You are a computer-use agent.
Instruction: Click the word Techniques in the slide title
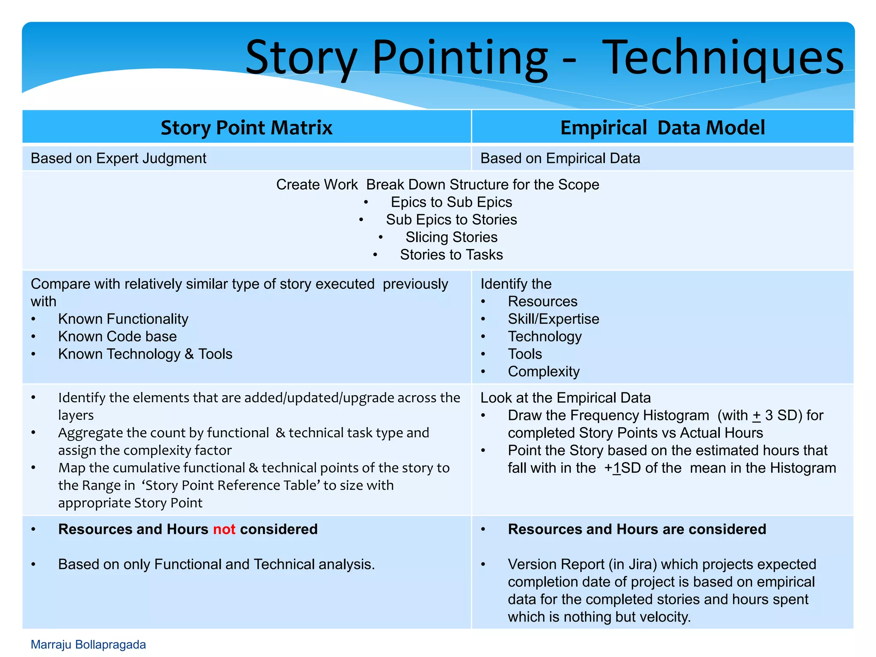(x=725, y=58)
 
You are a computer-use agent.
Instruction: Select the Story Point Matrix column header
(x=246, y=127)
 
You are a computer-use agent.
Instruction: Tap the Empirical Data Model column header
(x=662, y=127)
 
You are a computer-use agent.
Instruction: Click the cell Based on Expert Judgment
(x=118, y=158)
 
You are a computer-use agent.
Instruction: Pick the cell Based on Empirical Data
(x=560, y=158)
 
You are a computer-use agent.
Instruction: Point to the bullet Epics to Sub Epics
(x=451, y=202)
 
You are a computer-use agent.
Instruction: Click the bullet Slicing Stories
(x=451, y=237)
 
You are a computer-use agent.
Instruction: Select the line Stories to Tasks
(x=451, y=255)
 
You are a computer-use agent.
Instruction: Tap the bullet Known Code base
(x=117, y=337)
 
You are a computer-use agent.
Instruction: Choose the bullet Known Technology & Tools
(x=145, y=354)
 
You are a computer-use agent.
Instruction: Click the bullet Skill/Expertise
(x=553, y=319)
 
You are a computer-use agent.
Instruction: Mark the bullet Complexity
(x=543, y=372)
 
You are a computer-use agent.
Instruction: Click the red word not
(x=224, y=530)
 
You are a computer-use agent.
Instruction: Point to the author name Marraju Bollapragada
(x=88, y=645)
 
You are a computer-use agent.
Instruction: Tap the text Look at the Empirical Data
(x=565, y=398)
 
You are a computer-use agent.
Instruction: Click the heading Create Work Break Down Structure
(x=437, y=184)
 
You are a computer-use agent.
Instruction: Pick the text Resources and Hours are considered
(x=636, y=530)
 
